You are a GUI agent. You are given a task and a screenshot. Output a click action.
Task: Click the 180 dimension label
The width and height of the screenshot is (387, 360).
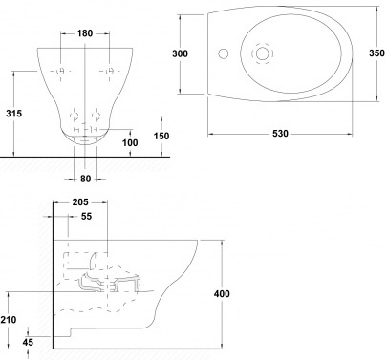tap(85, 33)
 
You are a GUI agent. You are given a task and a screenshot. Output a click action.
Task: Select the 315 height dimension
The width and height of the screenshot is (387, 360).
tap(13, 113)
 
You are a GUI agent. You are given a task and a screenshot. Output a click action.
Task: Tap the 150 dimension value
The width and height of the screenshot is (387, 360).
tap(161, 136)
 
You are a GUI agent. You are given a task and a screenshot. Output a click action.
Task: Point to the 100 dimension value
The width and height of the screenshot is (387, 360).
tap(130, 142)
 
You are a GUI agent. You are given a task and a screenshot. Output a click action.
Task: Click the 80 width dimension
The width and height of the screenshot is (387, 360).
tap(85, 179)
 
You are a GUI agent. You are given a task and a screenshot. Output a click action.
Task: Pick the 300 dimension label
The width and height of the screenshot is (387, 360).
tap(180, 53)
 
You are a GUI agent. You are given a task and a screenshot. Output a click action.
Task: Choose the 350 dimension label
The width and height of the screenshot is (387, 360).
tap(376, 53)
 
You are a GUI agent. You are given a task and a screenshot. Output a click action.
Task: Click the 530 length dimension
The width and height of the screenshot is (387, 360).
tap(280, 134)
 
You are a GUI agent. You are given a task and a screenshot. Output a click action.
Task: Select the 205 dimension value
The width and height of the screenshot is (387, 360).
tap(80, 201)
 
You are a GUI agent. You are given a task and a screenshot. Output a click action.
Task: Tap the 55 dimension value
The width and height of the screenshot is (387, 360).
tap(86, 216)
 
